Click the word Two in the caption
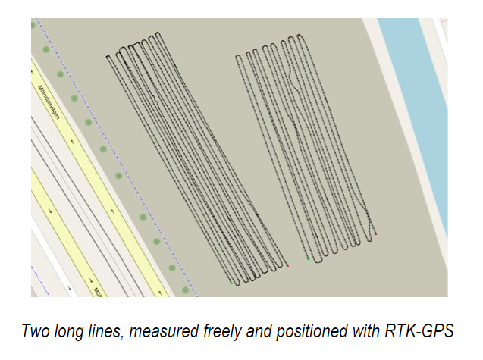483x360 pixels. (36, 332)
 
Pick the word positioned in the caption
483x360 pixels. (319, 332)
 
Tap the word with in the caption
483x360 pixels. (373, 332)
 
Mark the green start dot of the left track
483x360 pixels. (231, 283)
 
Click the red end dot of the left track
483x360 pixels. (288, 265)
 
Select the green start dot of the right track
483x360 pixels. (309, 259)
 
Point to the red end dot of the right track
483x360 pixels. (376, 235)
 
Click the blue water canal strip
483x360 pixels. (413, 114)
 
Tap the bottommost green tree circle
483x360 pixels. (186, 290)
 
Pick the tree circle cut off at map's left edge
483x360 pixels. (33, 25)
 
